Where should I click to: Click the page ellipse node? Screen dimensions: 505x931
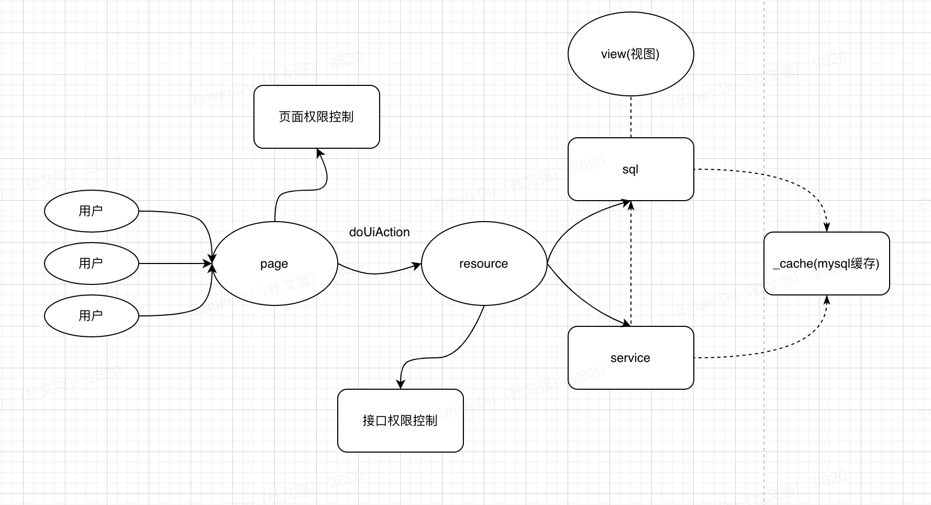[x=274, y=264]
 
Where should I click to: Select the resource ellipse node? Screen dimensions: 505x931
[x=484, y=264]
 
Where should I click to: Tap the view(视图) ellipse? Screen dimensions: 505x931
[x=630, y=54]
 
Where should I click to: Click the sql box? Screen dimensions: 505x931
[x=630, y=169]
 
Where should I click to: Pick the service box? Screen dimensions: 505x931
[x=630, y=358]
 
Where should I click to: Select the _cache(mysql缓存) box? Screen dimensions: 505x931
[x=826, y=264]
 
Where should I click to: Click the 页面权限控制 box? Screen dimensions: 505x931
[x=316, y=117]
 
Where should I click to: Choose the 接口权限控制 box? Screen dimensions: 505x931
[x=400, y=421]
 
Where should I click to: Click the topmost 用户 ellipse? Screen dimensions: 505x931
[x=91, y=211]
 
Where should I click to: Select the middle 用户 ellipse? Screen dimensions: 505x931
[x=91, y=264]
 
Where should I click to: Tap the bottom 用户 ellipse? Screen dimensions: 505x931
[x=91, y=316]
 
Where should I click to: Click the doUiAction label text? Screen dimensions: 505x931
[x=379, y=232]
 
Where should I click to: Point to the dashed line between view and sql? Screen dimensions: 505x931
[x=631, y=117]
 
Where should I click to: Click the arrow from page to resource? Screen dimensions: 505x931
[x=377, y=273]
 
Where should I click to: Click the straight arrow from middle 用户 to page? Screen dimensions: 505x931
[x=173, y=264]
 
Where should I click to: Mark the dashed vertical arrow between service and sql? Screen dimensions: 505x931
[x=631, y=262]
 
